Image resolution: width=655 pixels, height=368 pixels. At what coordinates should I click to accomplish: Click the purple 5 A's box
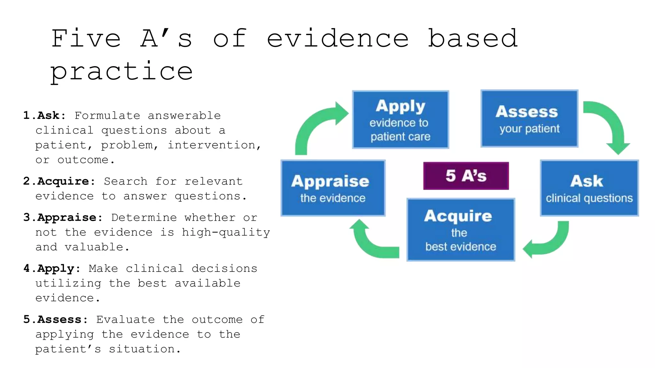466,176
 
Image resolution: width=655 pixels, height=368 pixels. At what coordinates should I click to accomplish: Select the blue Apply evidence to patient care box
400,120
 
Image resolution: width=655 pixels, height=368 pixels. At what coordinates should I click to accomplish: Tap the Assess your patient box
529,119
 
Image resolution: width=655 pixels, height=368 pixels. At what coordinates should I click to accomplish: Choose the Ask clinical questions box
589,188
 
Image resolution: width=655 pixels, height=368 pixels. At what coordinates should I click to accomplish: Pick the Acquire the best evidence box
461,230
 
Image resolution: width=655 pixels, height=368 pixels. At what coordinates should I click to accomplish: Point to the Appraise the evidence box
333,188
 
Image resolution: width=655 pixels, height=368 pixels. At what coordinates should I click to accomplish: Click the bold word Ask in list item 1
48,115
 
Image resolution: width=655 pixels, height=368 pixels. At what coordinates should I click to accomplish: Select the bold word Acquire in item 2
63,181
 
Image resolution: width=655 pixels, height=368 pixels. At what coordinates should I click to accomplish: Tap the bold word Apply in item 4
56,269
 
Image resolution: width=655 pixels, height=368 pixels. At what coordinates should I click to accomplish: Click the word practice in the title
122,72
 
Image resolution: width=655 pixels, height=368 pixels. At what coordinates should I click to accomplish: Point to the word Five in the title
86,38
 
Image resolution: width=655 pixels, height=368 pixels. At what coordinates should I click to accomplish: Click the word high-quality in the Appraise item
226,233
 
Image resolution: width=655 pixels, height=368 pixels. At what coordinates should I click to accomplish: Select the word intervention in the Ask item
212,145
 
